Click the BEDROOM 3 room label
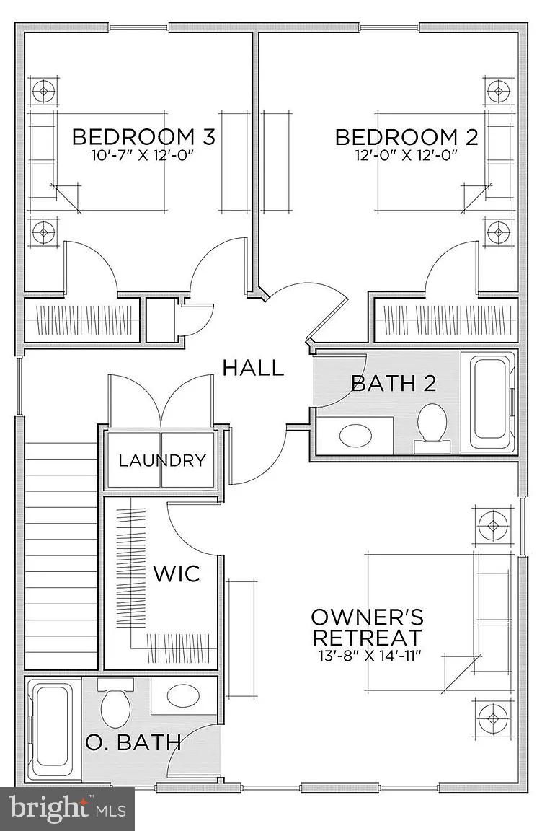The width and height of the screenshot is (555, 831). [x=143, y=136]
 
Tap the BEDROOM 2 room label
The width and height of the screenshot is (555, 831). [x=407, y=136]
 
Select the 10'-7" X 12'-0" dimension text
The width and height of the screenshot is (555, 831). [x=143, y=156]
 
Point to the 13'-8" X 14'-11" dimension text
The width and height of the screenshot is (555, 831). [x=368, y=655]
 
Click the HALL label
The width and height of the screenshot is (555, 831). [x=252, y=368]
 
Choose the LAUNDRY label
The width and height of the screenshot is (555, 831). [x=162, y=460]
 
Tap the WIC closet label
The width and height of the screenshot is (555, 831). [x=176, y=574]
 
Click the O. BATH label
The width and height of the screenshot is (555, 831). [x=132, y=742]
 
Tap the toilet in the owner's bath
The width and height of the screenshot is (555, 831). [x=115, y=705]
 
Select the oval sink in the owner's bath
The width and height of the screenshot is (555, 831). [x=185, y=696]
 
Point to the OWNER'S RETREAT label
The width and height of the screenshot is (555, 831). [x=367, y=628]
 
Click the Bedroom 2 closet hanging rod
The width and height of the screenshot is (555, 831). [x=445, y=317]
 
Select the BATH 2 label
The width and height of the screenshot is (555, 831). [x=394, y=383]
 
